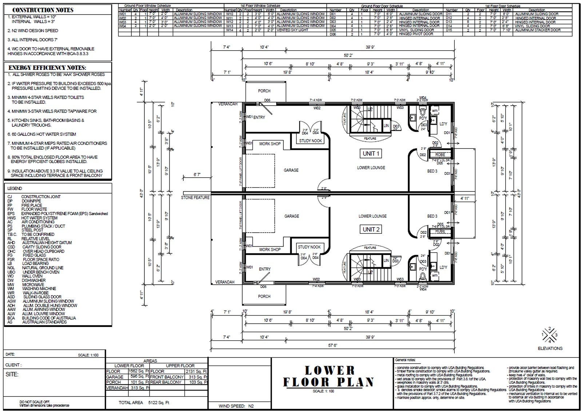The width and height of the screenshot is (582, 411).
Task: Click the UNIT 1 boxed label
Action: [371, 154]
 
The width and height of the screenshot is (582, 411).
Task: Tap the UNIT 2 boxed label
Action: [371, 229]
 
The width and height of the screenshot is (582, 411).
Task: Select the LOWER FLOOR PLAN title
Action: [329, 376]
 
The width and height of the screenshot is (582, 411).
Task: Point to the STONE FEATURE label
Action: [195, 197]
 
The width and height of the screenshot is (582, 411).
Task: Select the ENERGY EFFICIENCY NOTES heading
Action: [47, 68]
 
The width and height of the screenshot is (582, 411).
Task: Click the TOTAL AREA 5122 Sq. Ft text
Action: [144, 403]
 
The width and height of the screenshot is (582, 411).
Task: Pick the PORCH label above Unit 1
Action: [264, 91]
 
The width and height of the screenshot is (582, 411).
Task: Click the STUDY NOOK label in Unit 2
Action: [309, 247]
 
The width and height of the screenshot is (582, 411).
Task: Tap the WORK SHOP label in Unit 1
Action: [270, 144]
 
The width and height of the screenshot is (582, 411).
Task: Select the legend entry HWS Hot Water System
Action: [32, 218]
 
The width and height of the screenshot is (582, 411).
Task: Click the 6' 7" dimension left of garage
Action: [197, 175]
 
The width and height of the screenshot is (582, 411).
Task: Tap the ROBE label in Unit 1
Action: [440, 155]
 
